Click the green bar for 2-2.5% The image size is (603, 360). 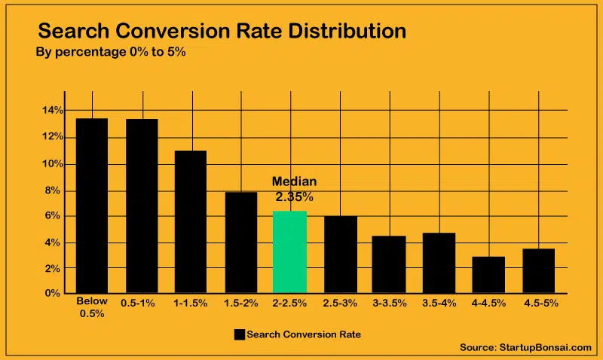click(289, 252)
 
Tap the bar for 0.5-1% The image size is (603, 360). click(142, 206)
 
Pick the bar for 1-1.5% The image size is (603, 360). click(191, 221)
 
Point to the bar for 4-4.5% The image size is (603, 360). click(488, 274)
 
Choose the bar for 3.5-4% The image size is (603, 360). click(439, 262)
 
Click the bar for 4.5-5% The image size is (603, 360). click(538, 270)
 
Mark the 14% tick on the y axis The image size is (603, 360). click(52, 111)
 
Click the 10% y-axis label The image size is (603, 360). click(52, 163)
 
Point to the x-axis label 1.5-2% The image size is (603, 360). click(240, 303)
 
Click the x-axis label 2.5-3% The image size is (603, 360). click(340, 303)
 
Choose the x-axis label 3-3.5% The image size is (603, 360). click(389, 303)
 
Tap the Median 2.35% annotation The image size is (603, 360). click(294, 190)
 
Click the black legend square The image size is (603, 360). click(240, 334)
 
